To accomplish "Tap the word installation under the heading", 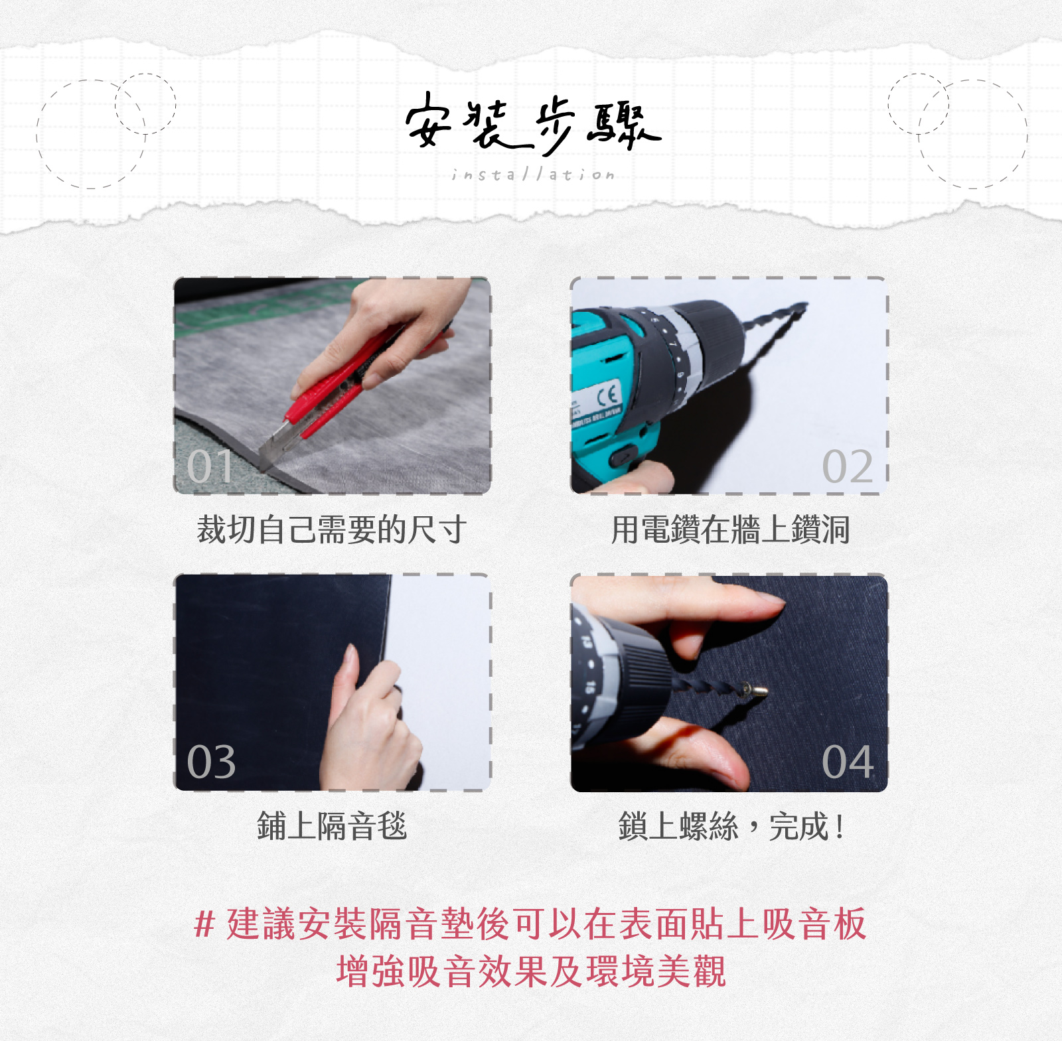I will [x=533, y=174].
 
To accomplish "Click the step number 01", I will [x=210, y=466].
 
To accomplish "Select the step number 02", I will [x=848, y=466].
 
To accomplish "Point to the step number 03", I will [x=211, y=762].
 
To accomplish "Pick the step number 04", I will [x=848, y=762].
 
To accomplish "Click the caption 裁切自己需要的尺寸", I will [x=331, y=529].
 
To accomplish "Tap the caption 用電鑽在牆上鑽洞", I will [x=730, y=529].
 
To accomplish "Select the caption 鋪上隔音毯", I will [x=331, y=826].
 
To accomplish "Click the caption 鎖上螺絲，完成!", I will [x=730, y=826].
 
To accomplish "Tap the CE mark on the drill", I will [x=608, y=397].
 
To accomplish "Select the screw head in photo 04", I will [x=757, y=691].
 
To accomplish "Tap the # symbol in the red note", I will [x=204, y=924].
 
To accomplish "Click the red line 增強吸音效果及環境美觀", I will [x=531, y=971].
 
